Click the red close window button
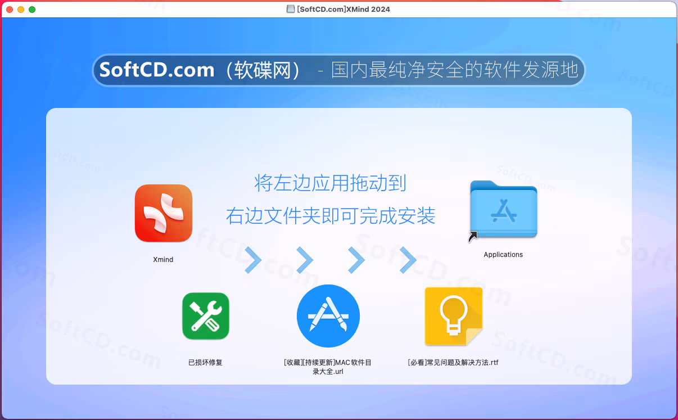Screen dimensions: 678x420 click(x=10, y=10)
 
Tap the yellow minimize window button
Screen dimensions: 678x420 click(x=21, y=10)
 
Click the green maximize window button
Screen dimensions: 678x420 click(x=32, y=10)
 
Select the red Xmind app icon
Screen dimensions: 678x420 click(x=164, y=213)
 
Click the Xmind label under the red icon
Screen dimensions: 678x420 click(x=163, y=260)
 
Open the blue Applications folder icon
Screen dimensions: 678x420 click(x=504, y=209)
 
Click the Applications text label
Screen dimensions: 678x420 click(x=503, y=254)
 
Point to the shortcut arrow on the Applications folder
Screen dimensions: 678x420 click(x=472, y=237)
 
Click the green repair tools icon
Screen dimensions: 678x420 click(x=206, y=316)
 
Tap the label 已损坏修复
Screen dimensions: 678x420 click(x=205, y=363)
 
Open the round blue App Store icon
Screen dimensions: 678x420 click(x=328, y=316)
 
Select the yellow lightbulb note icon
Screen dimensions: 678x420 click(x=454, y=317)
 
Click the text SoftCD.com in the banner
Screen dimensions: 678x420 click(x=157, y=70)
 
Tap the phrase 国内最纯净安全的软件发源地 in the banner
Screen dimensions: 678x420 click(x=455, y=70)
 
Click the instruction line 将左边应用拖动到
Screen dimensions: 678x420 click(x=330, y=183)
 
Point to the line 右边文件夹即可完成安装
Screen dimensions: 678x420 click(x=331, y=216)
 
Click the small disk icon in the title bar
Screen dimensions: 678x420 click(x=291, y=10)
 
